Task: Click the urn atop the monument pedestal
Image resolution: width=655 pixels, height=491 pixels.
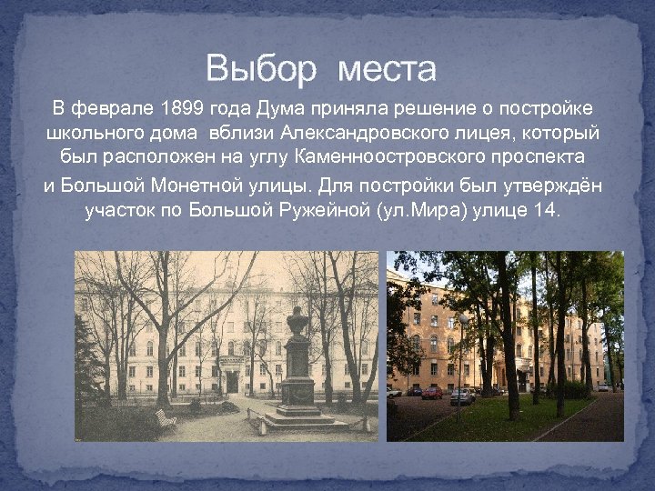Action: pos(297,320)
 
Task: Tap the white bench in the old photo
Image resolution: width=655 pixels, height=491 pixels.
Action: pos(165,418)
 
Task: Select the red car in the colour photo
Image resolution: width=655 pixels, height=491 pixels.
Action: pos(432,393)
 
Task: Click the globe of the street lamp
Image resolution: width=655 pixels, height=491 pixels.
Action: pos(463,319)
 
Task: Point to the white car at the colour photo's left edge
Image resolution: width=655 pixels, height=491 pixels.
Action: pos(393,392)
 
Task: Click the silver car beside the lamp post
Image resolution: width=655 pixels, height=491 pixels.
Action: pos(463,396)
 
